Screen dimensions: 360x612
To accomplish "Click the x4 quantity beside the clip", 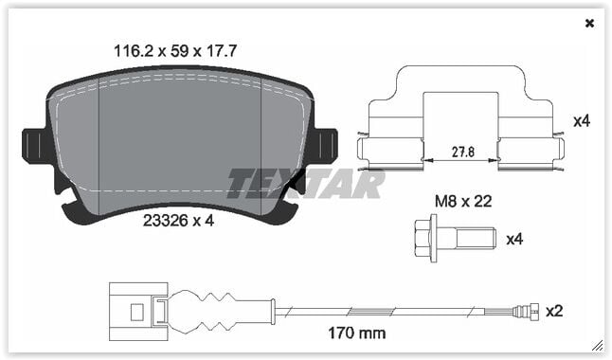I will [x=582, y=121].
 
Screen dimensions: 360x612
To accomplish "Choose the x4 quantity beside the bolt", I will [x=513, y=239].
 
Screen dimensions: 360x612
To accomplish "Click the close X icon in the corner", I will [x=589, y=24].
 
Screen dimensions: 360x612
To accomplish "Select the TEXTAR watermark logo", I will [x=305, y=183].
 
